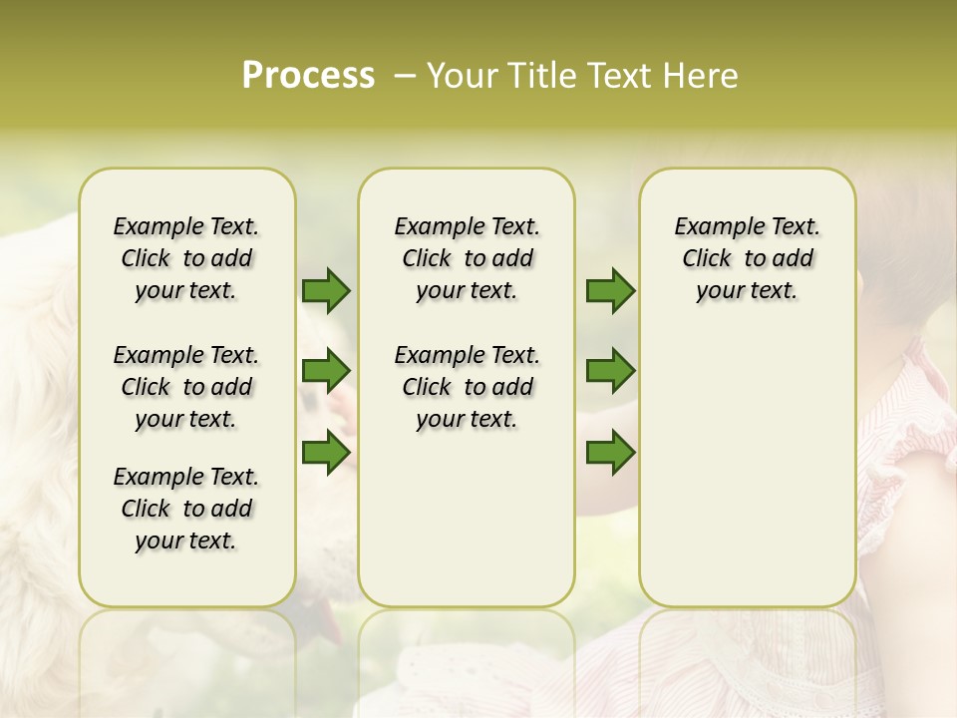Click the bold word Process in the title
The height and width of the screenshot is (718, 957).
[x=308, y=76]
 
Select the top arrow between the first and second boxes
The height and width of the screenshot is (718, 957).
[x=326, y=290]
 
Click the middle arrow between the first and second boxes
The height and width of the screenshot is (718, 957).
[x=326, y=371]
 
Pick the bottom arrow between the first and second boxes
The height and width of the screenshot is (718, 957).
[x=326, y=452]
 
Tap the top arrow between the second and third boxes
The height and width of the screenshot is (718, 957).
[x=610, y=290]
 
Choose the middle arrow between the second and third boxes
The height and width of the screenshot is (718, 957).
[x=610, y=371]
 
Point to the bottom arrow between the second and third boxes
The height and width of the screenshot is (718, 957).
[x=610, y=452]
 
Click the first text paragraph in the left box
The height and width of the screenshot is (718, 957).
[x=186, y=258]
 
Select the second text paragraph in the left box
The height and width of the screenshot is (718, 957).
[x=186, y=387]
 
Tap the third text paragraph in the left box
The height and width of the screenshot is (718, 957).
[x=186, y=509]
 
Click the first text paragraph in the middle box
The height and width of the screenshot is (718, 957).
[x=467, y=258]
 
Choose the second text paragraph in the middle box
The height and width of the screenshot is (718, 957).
[x=467, y=387]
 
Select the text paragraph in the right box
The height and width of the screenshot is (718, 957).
[x=748, y=258]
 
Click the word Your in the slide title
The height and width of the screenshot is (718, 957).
[x=462, y=76]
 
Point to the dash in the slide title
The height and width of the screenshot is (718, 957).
[x=404, y=77]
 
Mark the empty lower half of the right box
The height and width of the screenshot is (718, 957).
[x=748, y=479]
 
